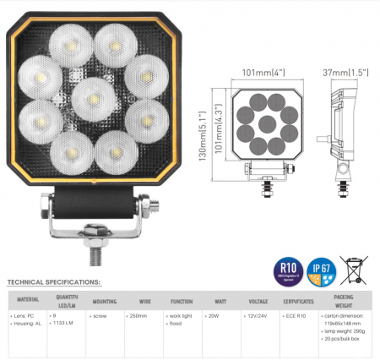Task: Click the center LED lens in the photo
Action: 93,97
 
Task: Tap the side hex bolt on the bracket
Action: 154,203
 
